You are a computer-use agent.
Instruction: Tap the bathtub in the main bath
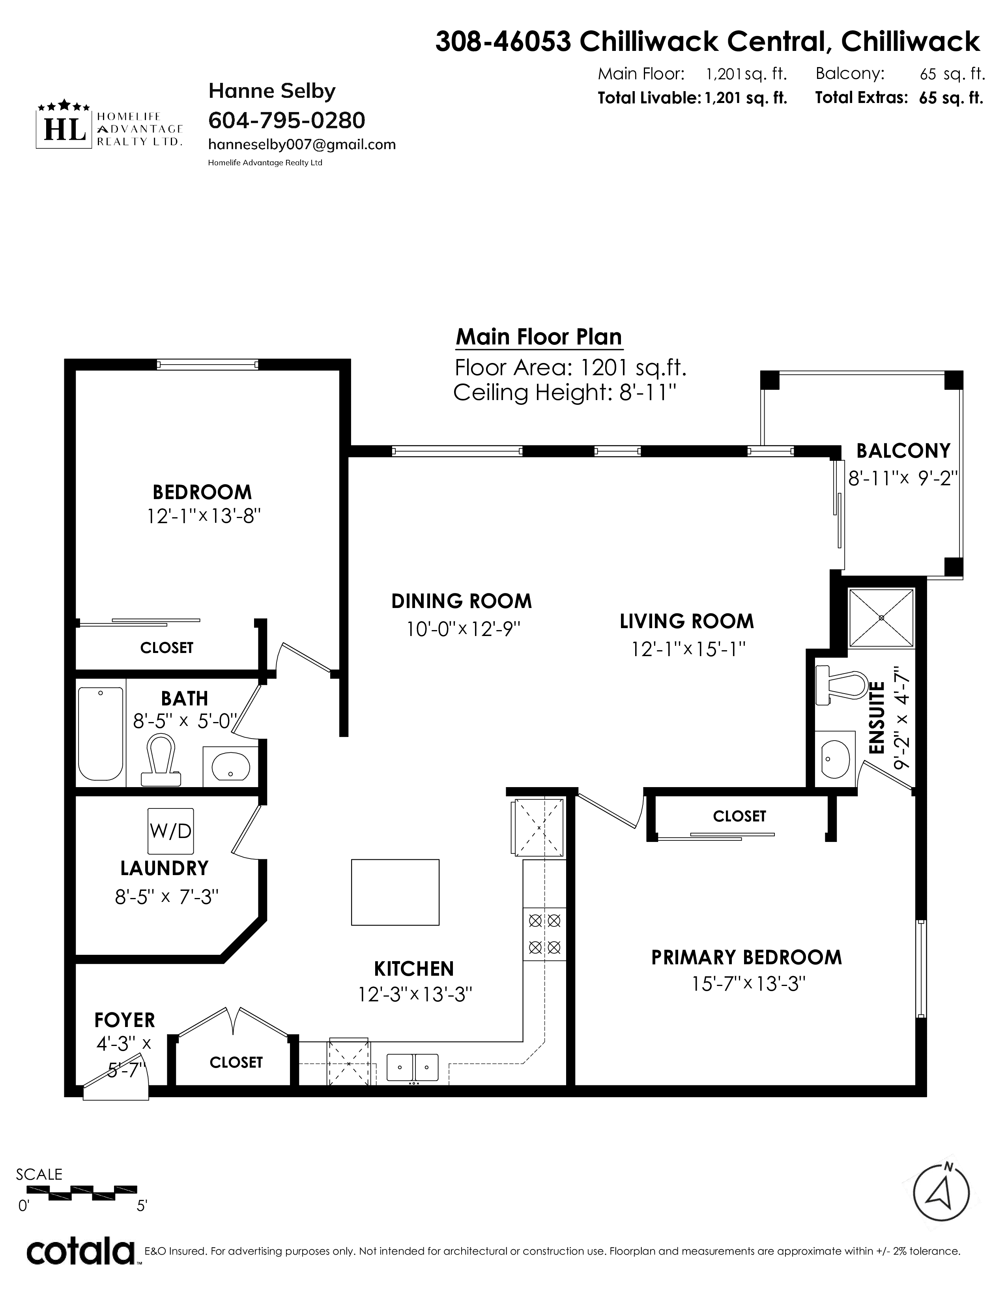tap(101, 733)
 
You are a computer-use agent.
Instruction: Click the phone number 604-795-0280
tap(287, 120)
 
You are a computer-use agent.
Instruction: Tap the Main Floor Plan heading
tap(539, 337)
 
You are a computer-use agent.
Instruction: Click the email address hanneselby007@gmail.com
tap(301, 145)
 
